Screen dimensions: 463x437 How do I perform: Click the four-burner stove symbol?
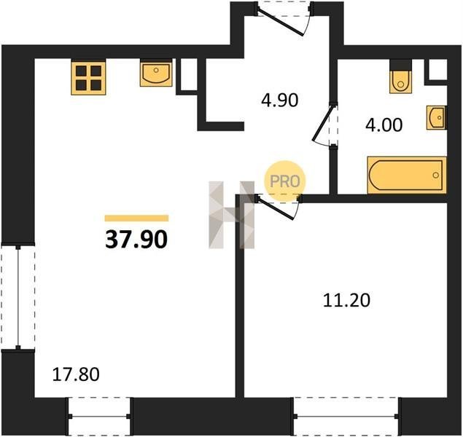88,78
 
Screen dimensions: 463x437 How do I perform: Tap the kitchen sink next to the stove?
156,73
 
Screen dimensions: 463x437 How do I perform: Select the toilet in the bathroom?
400,76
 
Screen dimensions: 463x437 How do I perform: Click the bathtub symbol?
407,175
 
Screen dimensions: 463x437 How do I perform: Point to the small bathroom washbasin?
437,118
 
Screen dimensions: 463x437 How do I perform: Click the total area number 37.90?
136,240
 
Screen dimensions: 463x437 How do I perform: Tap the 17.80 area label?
76,374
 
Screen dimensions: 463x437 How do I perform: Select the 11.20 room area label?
346,301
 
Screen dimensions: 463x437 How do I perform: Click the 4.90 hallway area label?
280,101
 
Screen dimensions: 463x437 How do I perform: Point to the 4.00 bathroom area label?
384,125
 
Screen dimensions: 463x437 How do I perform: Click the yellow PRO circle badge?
285,181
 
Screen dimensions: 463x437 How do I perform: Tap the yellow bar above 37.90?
137,218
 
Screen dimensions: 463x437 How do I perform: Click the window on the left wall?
18,296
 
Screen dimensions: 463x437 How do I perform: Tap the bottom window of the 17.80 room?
99,416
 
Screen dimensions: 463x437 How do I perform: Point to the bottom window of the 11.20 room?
346,416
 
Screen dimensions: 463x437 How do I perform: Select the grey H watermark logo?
232,215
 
